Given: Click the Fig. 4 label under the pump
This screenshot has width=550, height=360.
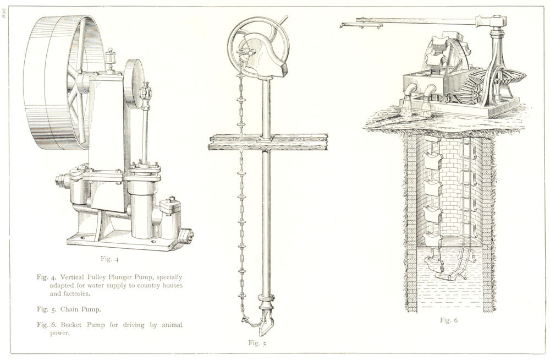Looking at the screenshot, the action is [110, 259].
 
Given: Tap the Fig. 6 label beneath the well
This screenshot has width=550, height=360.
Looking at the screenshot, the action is [449, 320].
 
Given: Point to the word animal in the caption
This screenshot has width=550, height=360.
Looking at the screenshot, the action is [172, 325].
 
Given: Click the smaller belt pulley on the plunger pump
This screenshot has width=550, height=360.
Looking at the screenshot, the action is [133, 84].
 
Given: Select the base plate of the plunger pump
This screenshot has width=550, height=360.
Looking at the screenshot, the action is [127, 242].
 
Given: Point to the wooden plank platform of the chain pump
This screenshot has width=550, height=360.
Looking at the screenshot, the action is [268, 142].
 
